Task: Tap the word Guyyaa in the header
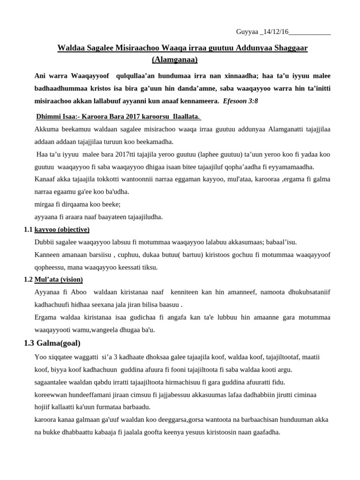pyautogui.click(x=247, y=32)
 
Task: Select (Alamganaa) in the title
pyautogui.click(x=175, y=60)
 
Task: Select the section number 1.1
pyautogui.click(x=28, y=229)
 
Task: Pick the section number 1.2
pyautogui.click(x=28, y=279)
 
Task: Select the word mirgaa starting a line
pyautogui.click(x=44, y=204)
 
